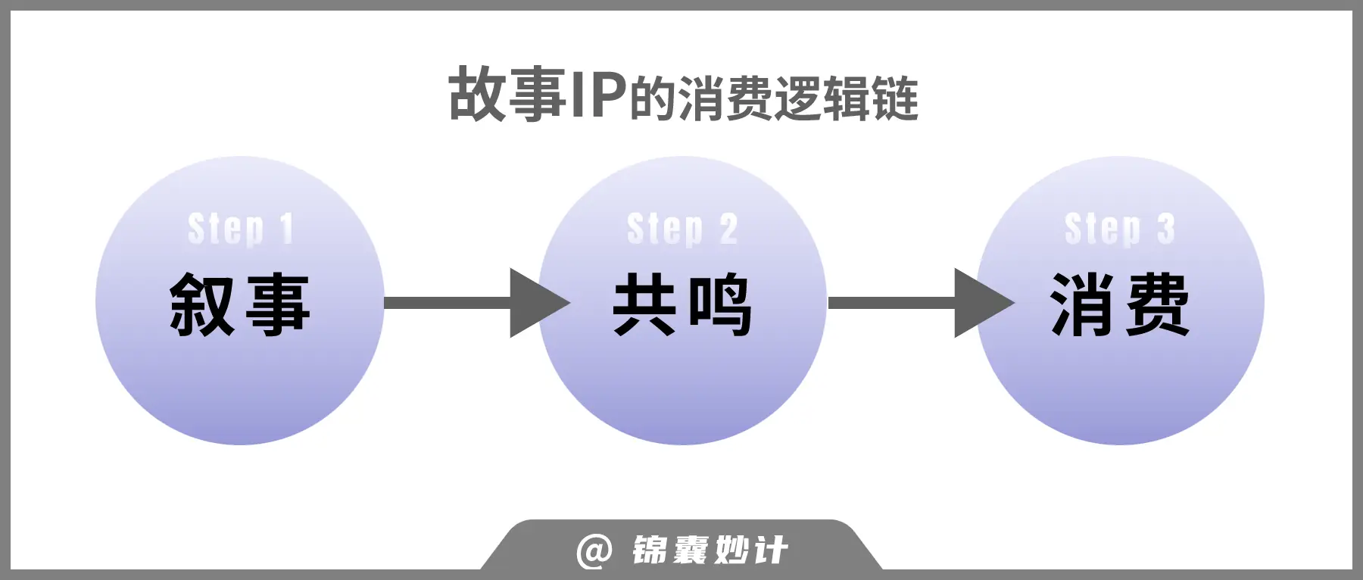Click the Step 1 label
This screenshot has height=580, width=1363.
(240, 229)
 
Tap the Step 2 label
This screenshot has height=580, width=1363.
(682, 229)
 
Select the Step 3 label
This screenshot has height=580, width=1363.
(1119, 229)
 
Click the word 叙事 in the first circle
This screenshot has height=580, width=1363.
(240, 304)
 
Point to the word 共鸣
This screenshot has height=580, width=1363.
(682, 304)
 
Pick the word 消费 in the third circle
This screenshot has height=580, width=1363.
(1120, 304)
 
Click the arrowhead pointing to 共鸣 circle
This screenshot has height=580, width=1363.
(537, 303)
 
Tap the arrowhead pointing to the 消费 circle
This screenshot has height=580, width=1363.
(981, 303)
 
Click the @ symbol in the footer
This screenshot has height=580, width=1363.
(594, 550)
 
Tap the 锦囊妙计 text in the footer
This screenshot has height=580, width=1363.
(710, 550)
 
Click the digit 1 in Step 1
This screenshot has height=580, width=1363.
(285, 229)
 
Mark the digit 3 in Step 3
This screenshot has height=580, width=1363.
(1165, 229)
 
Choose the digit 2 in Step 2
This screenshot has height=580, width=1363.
(728, 229)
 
